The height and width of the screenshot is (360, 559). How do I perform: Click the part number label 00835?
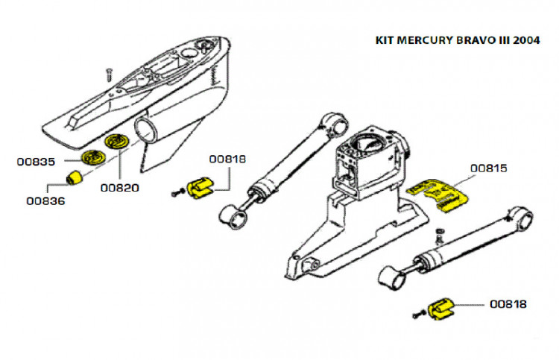pos(37,161)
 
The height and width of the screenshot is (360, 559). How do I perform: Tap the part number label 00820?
pos(119,189)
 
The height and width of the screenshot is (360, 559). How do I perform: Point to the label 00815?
pos(489,168)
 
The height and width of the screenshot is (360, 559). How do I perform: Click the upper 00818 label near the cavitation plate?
pos(227,158)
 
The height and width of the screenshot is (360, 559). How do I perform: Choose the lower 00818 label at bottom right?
pos(508,304)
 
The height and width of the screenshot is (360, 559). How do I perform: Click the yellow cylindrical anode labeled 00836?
pos(75,179)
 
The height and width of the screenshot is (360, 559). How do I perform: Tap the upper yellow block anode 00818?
pos(199,186)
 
